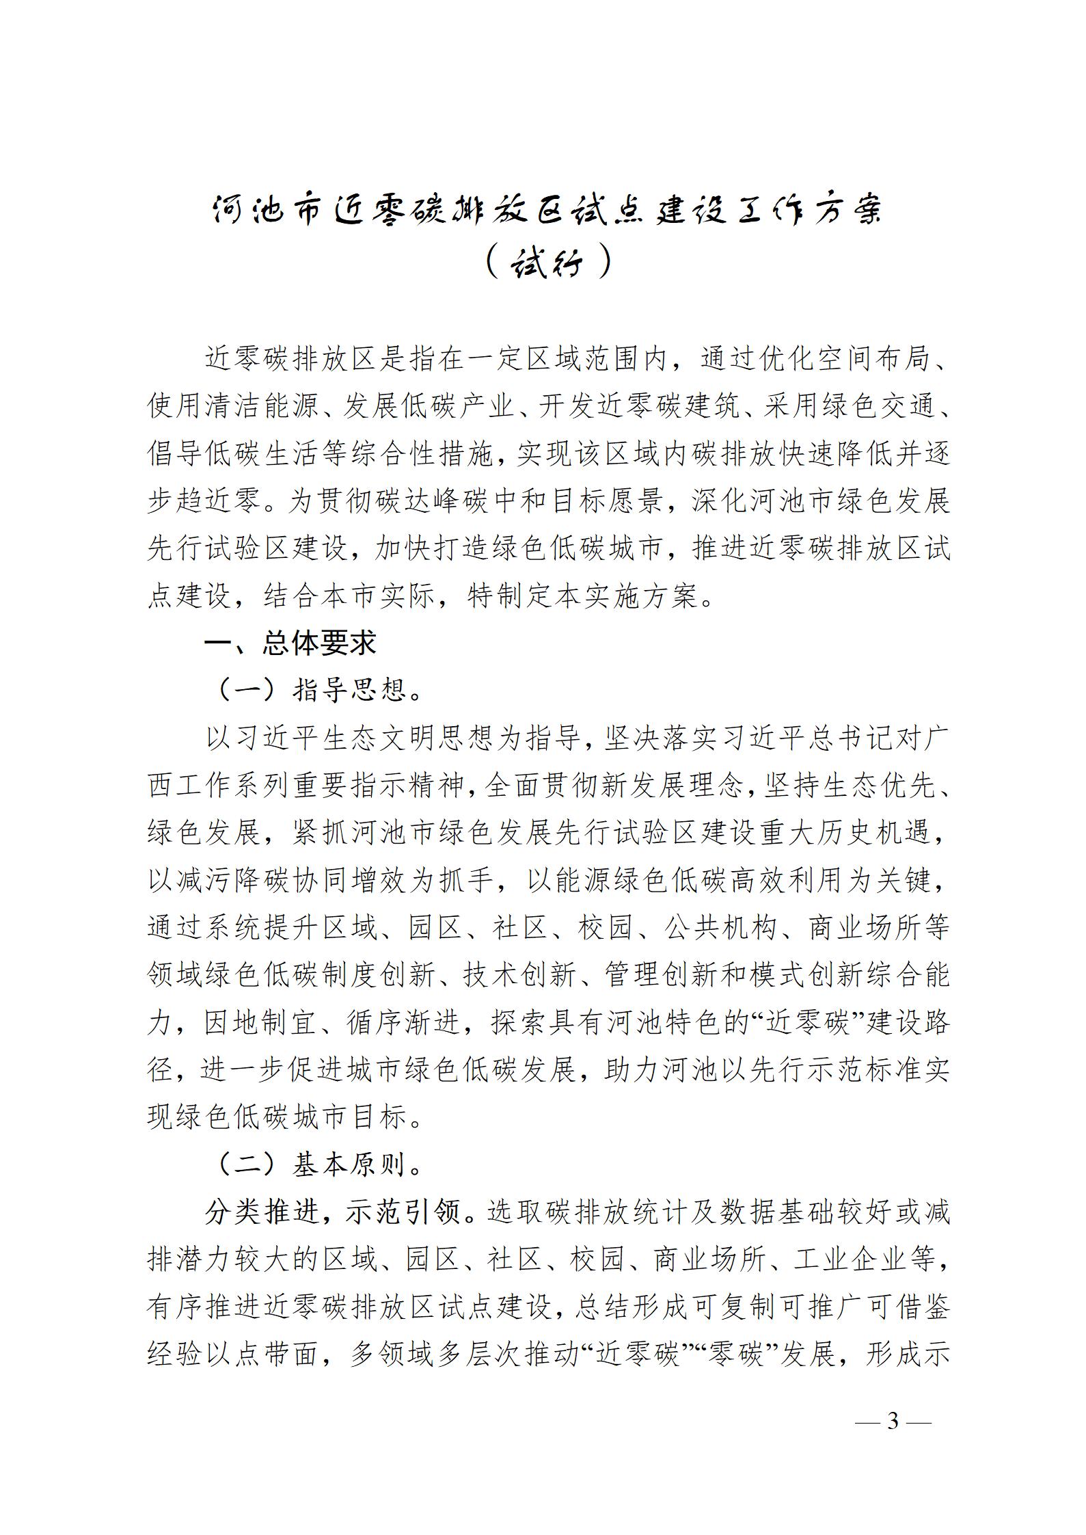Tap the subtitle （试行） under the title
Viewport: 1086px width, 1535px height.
[547, 261]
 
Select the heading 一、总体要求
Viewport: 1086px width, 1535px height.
[290, 643]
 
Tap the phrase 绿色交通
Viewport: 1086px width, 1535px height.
[876, 406]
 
